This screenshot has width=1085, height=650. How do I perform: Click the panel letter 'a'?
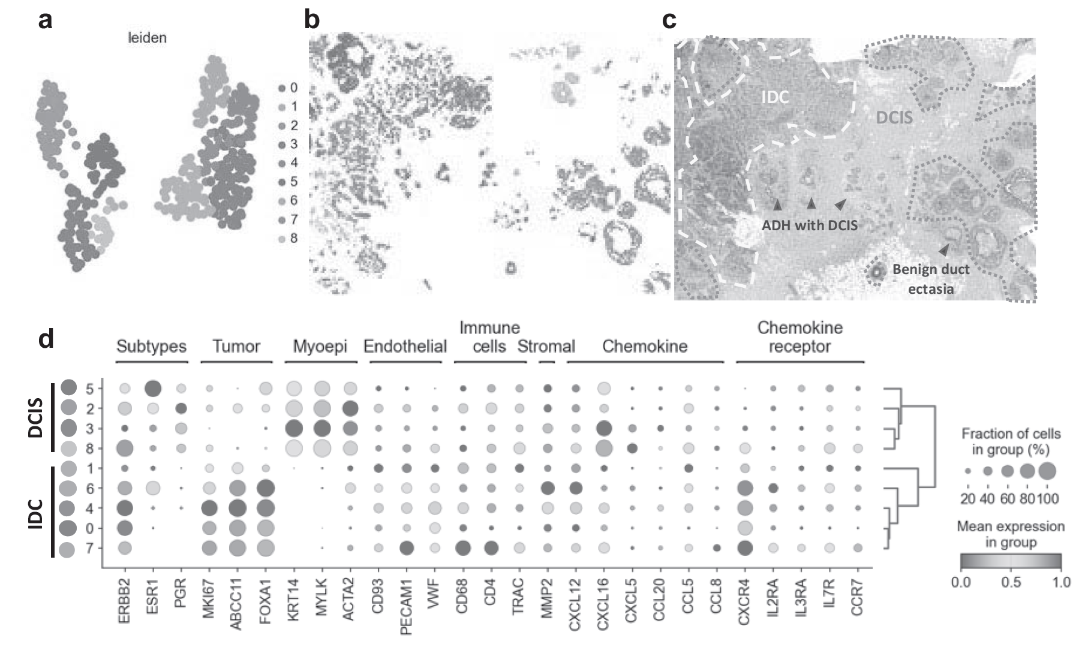45,20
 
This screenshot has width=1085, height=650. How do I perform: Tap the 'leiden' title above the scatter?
147,38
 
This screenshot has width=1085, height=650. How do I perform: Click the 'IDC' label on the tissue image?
775,97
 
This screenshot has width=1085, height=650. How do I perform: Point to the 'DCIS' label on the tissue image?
894,118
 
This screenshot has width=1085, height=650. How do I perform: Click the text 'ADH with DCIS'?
810,225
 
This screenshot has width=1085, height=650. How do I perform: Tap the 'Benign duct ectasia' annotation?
930,279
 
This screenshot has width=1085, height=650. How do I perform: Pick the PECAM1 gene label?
406,606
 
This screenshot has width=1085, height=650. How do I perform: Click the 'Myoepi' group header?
320,347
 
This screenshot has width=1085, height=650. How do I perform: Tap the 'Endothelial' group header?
405,347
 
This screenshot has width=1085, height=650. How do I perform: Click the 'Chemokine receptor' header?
800,337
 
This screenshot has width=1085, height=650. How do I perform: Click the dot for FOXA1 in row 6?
265,488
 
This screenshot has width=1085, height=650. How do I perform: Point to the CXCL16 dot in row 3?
603,429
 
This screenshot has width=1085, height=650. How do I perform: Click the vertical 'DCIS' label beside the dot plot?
36,417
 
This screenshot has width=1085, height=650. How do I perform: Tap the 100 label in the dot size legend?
1048,498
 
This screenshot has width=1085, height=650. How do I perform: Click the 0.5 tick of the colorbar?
1011,582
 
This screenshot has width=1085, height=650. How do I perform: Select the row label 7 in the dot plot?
90,548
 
